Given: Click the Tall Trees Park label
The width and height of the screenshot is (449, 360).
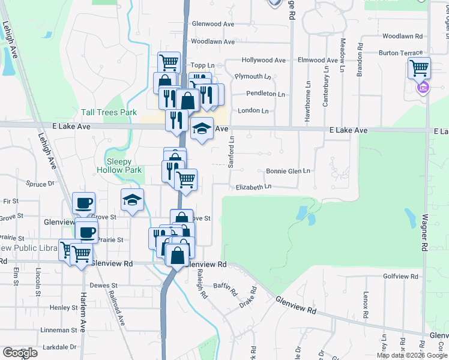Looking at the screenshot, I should [109, 112].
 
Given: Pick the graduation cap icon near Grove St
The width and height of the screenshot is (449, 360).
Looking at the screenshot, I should [133, 200].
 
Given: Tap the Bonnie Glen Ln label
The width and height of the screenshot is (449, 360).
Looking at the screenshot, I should [288, 171].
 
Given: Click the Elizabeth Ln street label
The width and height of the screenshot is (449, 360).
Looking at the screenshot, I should [253, 187].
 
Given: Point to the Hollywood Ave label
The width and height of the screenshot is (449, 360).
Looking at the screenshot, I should [264, 61].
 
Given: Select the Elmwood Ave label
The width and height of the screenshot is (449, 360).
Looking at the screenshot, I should [318, 61].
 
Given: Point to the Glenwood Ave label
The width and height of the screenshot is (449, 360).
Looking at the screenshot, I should [212, 24].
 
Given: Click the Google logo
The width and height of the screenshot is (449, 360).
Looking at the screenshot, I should [20, 353].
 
